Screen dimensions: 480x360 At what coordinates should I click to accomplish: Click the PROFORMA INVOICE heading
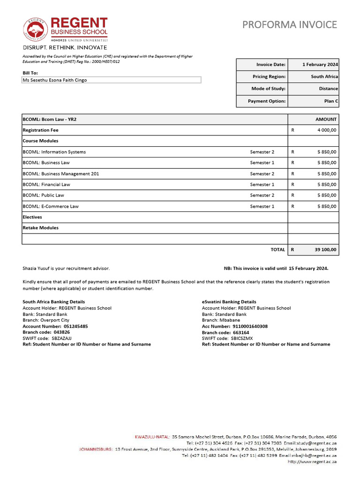[289, 25]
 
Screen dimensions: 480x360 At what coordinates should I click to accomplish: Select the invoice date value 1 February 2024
[320, 65]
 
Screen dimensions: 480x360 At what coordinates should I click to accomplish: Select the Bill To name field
[112, 80]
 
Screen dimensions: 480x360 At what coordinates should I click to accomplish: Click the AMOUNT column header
[326, 120]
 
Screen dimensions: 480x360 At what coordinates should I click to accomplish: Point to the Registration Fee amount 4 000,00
[326, 130]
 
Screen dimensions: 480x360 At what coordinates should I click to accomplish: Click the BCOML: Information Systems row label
[54, 152]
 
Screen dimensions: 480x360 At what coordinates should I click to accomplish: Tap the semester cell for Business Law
[262, 163]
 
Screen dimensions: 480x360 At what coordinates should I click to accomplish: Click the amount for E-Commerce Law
[326, 206]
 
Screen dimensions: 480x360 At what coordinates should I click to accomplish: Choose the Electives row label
[32, 217]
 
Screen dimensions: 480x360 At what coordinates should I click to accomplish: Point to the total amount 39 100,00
[325, 250]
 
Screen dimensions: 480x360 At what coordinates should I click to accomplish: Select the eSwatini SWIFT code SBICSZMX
[241, 338]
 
